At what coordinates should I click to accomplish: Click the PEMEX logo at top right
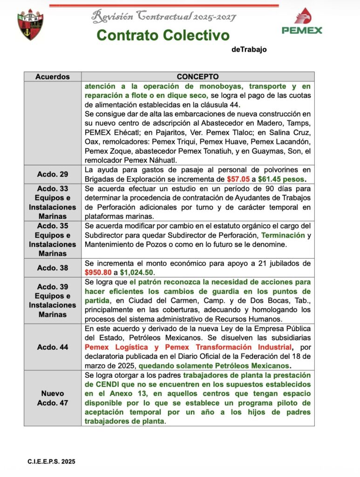pyautogui.click(x=302, y=21)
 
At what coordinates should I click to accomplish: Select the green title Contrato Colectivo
pyautogui.click(x=163, y=35)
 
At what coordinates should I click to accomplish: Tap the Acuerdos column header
pyautogui.click(x=53, y=77)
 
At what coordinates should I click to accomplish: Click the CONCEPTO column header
pyautogui.click(x=197, y=77)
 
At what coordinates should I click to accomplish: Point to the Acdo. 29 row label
pyautogui.click(x=53, y=174)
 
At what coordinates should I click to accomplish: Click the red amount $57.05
pyautogui.click(x=238, y=179)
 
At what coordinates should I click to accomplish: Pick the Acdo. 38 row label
pyautogui.click(x=53, y=268)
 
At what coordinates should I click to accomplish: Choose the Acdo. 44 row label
pyautogui.click(x=53, y=347)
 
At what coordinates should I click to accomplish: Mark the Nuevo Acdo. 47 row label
pyautogui.click(x=53, y=398)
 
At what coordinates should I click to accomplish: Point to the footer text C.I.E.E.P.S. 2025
pyautogui.click(x=51, y=462)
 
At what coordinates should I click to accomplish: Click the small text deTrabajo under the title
pyautogui.click(x=249, y=50)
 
